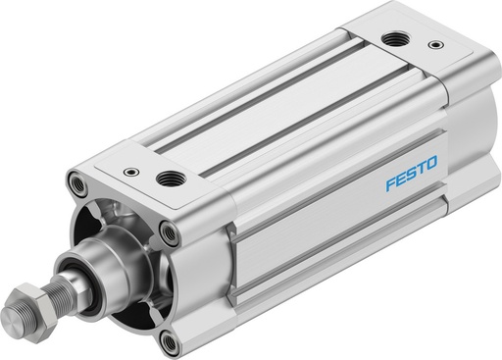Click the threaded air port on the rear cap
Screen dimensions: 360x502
[395, 39]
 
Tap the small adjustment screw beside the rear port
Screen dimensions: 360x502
[431, 45]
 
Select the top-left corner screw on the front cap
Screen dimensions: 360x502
[75, 182]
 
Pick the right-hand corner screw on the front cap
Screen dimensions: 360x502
[173, 232]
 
